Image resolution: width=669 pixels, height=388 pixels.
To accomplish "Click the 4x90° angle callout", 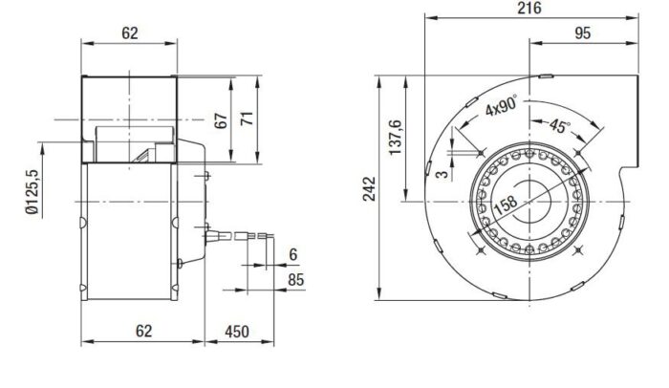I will [499, 108].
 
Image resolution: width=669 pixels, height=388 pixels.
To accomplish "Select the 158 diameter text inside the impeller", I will [506, 205].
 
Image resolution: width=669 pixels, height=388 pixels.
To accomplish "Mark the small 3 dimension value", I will [442, 172].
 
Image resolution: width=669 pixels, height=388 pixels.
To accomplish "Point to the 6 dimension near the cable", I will [291, 255].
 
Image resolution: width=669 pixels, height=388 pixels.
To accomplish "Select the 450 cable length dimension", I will [235, 332].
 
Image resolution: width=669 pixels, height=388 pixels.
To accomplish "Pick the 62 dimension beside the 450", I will [142, 332].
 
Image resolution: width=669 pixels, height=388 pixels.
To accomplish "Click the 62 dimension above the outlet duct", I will [130, 32].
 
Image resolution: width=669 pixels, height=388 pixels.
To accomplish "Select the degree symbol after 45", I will [569, 119].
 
